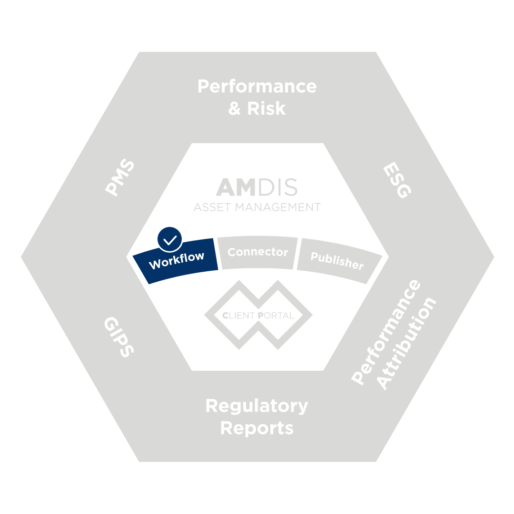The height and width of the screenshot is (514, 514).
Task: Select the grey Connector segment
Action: (x=257, y=252)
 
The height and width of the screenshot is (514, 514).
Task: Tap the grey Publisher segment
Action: (x=337, y=260)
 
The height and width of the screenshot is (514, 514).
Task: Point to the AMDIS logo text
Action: (x=257, y=188)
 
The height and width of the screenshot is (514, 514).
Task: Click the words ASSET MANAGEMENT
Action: (x=257, y=207)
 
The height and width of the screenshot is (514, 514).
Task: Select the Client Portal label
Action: (x=257, y=316)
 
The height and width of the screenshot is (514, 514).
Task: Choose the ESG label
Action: (x=396, y=180)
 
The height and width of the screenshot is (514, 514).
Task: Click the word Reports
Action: (x=257, y=428)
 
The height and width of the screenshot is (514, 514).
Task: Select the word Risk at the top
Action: (x=266, y=108)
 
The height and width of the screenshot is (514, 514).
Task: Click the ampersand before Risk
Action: (x=235, y=108)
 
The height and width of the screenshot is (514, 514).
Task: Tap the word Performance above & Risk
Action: (x=257, y=87)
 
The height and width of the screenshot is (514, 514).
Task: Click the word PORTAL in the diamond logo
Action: (x=276, y=316)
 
